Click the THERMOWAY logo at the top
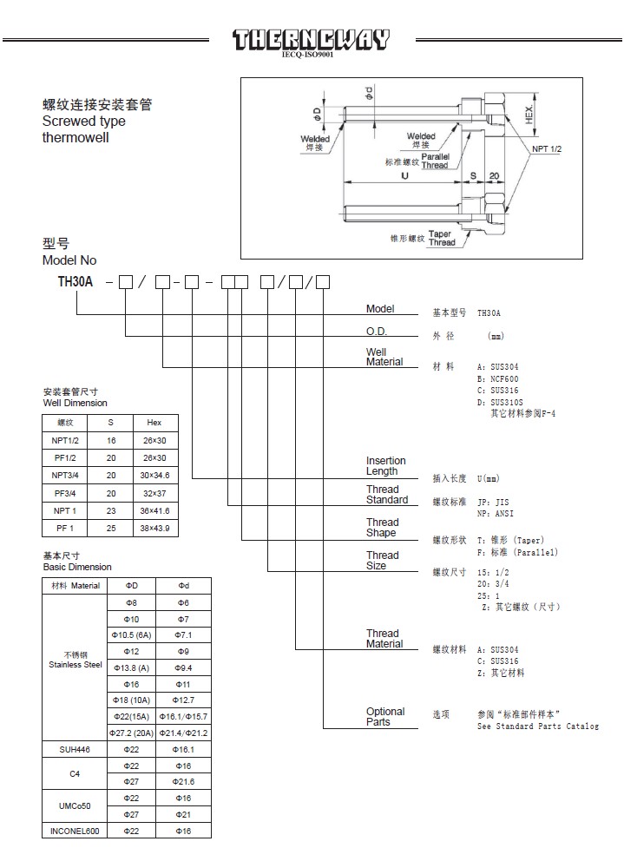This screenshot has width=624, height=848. point(312,40)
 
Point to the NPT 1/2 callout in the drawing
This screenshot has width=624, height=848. point(548,150)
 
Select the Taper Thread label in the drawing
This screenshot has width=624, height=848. point(441,238)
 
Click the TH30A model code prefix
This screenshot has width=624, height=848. point(76,281)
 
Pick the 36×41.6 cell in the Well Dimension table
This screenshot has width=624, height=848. point(154,510)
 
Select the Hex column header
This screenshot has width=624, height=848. point(154,423)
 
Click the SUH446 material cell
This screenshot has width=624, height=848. point(75,748)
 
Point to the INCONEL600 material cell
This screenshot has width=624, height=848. point(75,831)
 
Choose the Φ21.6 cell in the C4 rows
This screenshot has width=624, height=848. point(183,781)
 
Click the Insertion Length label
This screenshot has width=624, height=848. point(386,466)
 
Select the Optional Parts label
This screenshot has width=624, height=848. point(385,717)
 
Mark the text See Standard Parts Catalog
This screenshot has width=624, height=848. point(538,726)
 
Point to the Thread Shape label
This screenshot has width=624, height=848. point(382,528)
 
